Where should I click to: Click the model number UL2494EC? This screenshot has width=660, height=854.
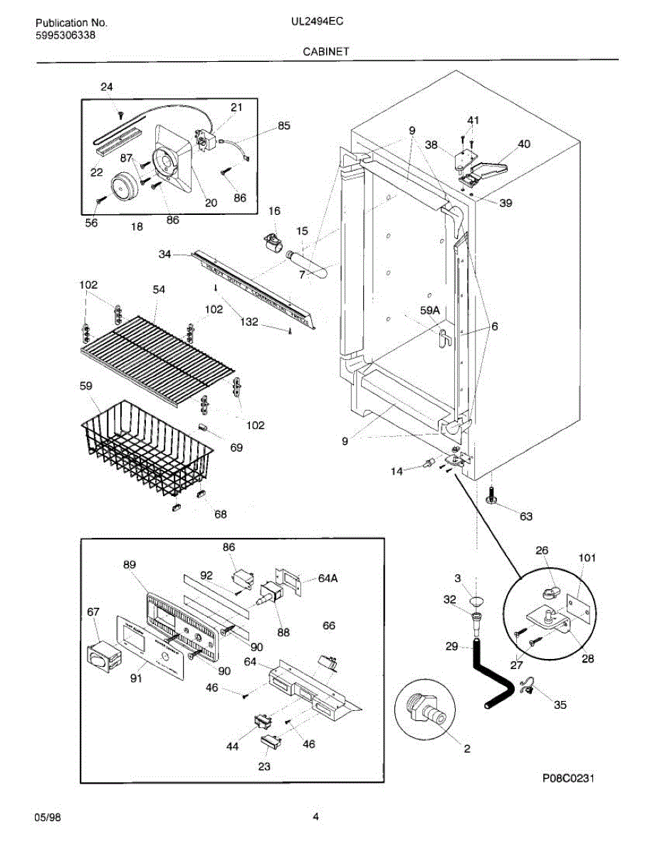[317, 22]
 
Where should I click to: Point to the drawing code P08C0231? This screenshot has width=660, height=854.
[567, 778]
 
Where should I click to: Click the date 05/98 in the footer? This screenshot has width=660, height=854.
[48, 818]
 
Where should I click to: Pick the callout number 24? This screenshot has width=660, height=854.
[106, 87]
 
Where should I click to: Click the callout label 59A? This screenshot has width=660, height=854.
[430, 310]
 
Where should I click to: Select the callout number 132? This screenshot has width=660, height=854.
[248, 322]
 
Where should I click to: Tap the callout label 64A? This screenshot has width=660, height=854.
[328, 579]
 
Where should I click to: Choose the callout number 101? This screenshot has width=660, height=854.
[587, 558]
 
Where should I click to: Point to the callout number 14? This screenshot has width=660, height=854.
[397, 470]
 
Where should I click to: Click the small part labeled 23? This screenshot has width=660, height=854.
[269, 744]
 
